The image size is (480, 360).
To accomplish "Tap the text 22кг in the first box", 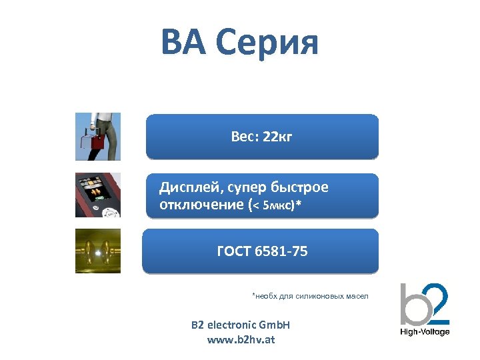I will click(x=277, y=137).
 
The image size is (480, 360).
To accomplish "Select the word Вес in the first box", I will click(x=243, y=137).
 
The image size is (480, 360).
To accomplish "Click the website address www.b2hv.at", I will click(x=241, y=339).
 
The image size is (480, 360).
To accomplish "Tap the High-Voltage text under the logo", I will click(x=425, y=332).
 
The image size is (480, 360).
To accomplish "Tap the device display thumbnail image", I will click(x=98, y=195).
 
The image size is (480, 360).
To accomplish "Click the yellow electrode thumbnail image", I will click(x=98, y=251).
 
